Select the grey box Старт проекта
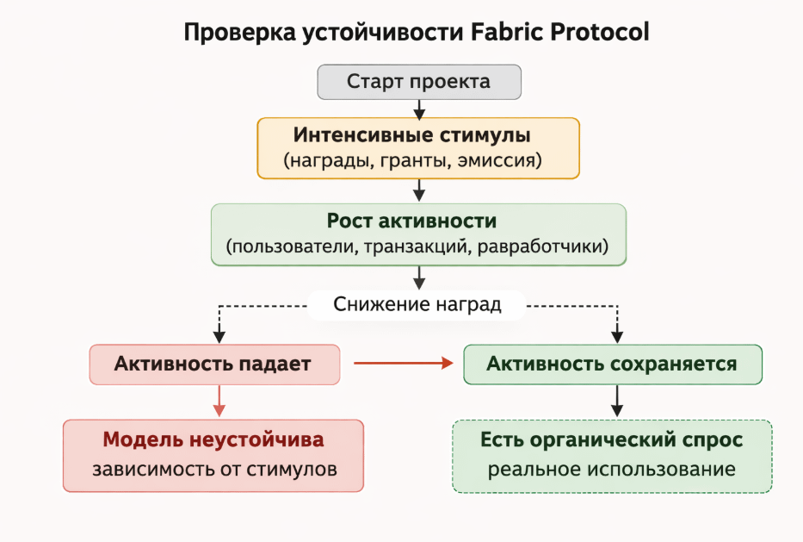tap(419, 82)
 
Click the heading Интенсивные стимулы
tap(411, 135)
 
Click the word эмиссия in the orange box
tap(495, 160)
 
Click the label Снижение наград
tap(417, 304)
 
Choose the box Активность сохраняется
tap(612, 364)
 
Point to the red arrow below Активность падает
tap(219, 402)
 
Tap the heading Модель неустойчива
tap(213, 439)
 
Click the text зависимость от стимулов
tap(213, 470)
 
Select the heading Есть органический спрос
tap(611, 439)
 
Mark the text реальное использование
tap(611, 470)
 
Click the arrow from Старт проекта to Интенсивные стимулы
tap(419, 109)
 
